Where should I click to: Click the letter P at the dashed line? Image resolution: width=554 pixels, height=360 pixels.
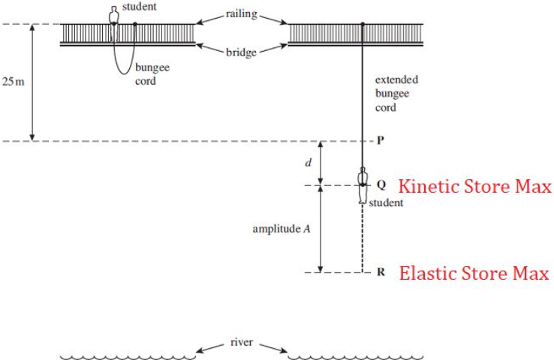click(x=381, y=141)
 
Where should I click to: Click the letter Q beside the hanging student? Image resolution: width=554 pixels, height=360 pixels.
click(x=381, y=184)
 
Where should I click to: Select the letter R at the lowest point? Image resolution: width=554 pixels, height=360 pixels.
click(x=381, y=272)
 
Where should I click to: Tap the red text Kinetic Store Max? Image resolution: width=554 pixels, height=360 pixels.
click(x=474, y=185)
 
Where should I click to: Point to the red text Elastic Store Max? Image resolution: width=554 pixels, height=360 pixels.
click(x=474, y=273)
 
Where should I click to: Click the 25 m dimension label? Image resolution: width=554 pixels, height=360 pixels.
click(x=13, y=80)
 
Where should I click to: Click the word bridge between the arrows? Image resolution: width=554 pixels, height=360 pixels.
click(x=242, y=53)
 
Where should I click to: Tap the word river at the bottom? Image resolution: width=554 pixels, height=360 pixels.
click(x=242, y=343)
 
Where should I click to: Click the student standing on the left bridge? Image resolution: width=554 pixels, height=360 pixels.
click(x=114, y=15)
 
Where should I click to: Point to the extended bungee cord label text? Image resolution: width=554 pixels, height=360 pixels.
click(x=396, y=94)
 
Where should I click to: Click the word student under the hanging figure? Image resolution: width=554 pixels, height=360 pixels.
click(x=386, y=202)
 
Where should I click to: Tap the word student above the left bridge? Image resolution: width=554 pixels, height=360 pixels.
click(x=143, y=7)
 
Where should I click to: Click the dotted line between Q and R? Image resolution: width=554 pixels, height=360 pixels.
click(x=362, y=240)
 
